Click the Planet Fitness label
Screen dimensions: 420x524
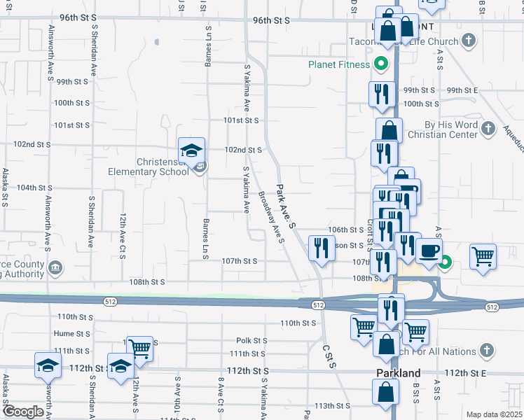pos(339,65)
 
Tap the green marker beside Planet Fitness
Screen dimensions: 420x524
pos(382,65)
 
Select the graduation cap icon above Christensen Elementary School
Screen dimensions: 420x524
pos(191,150)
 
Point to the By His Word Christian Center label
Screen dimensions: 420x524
pos(450,129)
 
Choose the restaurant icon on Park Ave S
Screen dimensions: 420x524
pos(321,248)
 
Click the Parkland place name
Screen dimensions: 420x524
pos(398,373)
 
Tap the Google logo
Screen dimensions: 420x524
pos(24,412)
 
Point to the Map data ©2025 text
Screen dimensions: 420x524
pos(493,414)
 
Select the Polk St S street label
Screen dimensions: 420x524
pos(251,340)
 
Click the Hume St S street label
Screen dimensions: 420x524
pos(74,334)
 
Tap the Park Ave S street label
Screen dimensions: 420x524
pos(287,205)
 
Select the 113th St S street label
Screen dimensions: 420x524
pos(332,405)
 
